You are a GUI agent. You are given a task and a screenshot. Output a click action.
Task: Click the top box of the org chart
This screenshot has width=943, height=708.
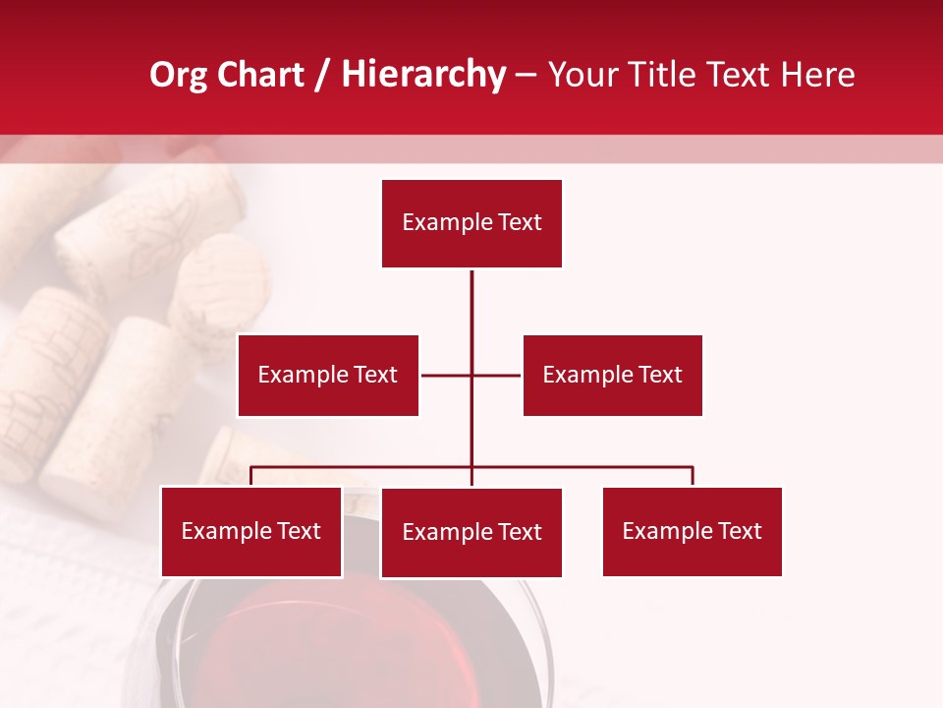click(471, 223)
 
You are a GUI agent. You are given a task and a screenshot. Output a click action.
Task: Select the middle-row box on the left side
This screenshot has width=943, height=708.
click(328, 375)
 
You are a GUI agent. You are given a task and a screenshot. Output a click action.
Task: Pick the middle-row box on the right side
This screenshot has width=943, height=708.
click(612, 375)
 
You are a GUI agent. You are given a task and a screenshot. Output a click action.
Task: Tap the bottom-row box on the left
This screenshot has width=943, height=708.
click(251, 531)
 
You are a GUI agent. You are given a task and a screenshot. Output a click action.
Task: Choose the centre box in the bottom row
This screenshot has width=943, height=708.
click(471, 532)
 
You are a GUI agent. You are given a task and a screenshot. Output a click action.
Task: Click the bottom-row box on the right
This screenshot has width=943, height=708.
click(692, 531)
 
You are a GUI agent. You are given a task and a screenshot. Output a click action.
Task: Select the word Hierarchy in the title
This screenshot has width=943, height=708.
click(422, 75)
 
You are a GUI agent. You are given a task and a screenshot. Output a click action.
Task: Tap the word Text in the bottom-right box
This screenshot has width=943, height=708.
click(740, 531)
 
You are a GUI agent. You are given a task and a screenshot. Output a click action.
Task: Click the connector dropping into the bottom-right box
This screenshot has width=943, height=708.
click(693, 476)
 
